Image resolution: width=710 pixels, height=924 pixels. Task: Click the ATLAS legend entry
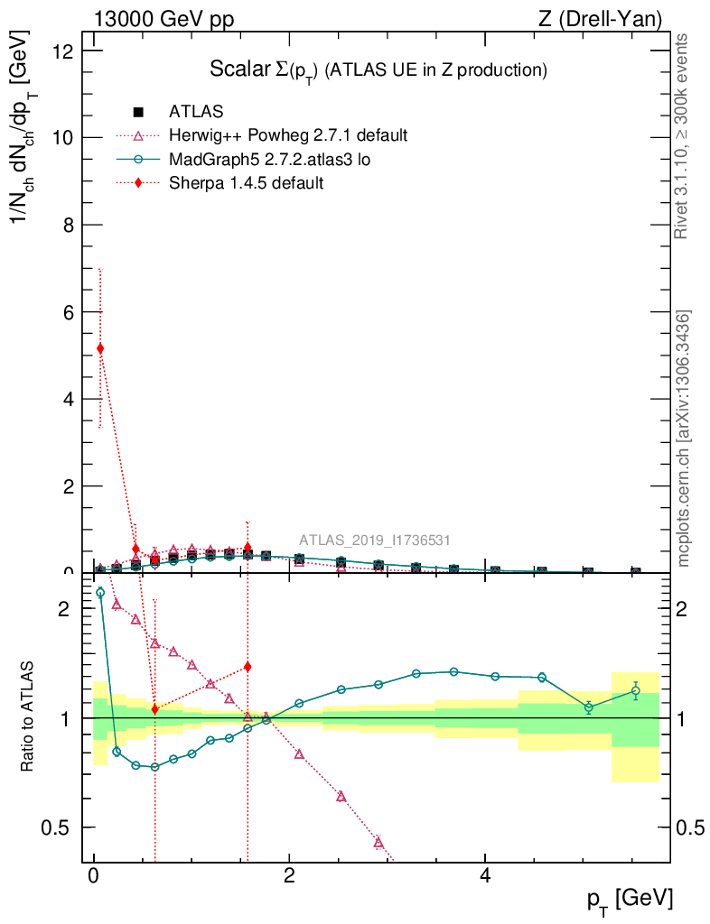196,112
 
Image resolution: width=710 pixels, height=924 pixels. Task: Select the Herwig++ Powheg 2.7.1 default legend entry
288,135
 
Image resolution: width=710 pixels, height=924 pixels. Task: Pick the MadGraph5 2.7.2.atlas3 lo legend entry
269,159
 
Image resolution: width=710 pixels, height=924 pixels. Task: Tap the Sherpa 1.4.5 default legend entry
246,182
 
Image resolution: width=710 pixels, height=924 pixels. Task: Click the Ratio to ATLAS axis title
29,716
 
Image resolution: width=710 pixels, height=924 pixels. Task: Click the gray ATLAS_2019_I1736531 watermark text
374,541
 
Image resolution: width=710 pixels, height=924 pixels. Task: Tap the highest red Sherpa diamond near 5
100,348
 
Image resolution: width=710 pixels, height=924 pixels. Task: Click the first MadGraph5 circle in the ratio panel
100,593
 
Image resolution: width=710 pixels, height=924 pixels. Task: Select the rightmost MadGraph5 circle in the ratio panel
636,691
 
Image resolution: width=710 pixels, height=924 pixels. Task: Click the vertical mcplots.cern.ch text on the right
685,439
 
